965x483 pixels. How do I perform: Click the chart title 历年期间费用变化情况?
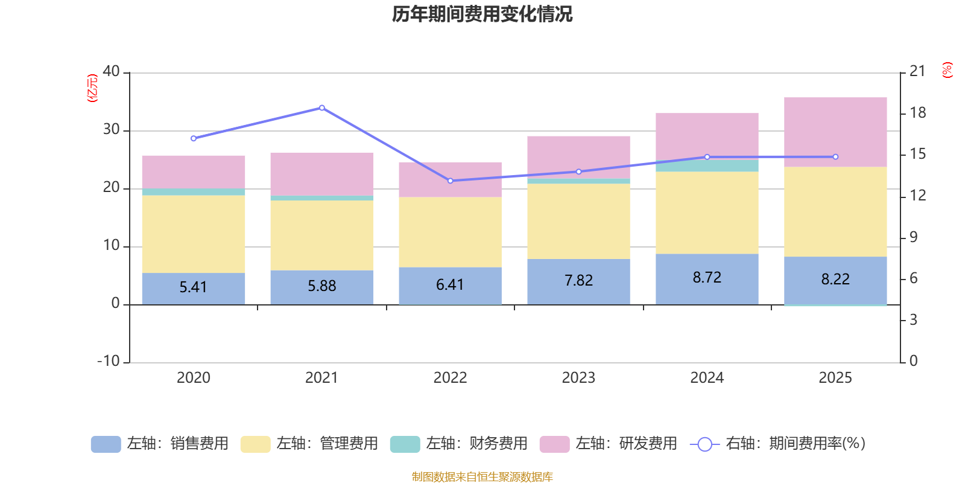pyautogui.click(x=482, y=14)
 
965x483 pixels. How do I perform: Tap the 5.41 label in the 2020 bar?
pyautogui.click(x=193, y=287)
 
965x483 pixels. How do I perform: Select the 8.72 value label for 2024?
pyautogui.click(x=707, y=278)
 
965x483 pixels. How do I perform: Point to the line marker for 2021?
pyautogui.click(x=321, y=108)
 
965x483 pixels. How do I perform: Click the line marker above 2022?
pyautogui.click(x=450, y=181)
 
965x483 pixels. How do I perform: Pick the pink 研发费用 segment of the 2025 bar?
pyautogui.click(x=835, y=132)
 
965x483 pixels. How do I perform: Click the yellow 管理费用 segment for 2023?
pyautogui.click(x=578, y=221)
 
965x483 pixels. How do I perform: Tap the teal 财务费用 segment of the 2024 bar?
pyautogui.click(x=707, y=165)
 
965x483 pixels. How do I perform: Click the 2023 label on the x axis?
pyautogui.click(x=578, y=378)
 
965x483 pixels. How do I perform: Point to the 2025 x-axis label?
pyautogui.click(x=835, y=378)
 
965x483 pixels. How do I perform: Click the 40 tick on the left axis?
pyautogui.click(x=112, y=71)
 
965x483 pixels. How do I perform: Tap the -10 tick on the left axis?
pyautogui.click(x=109, y=361)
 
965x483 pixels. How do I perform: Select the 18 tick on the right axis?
pyautogui.click(x=918, y=113)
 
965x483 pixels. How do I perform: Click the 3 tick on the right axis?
pyautogui.click(x=914, y=320)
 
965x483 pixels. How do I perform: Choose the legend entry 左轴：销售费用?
pyautogui.click(x=160, y=444)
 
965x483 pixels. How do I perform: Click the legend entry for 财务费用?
pyautogui.click(x=459, y=444)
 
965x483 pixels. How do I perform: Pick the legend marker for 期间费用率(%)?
pyautogui.click(x=704, y=444)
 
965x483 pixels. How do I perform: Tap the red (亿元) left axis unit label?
pyautogui.click(x=92, y=88)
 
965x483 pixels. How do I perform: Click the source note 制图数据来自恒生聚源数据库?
pyautogui.click(x=482, y=477)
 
